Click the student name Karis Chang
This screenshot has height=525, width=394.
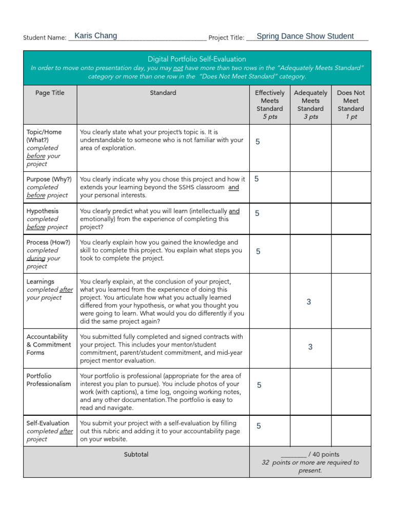[x=95, y=36]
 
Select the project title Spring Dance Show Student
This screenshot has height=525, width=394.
[x=305, y=36]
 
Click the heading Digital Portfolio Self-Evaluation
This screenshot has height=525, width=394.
[x=197, y=59]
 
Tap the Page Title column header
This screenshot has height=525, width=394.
[x=50, y=93]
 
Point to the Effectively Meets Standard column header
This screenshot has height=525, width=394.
[x=269, y=105]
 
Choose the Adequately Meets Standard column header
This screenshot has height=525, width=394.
[x=310, y=105]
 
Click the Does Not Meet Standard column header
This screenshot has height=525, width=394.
[x=351, y=105]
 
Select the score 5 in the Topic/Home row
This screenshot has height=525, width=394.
[x=258, y=142]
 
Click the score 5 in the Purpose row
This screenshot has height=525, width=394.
[x=257, y=179]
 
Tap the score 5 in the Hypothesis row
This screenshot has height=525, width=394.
[x=257, y=213]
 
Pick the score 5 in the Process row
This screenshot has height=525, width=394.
[x=258, y=251]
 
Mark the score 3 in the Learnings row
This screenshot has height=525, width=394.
[x=309, y=302]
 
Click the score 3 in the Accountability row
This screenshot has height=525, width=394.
[x=310, y=347]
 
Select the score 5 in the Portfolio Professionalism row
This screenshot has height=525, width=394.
[x=259, y=385]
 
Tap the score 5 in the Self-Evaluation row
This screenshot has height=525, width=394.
[x=259, y=426]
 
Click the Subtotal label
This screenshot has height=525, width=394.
[x=136, y=454]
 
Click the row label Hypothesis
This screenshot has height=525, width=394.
[x=43, y=211]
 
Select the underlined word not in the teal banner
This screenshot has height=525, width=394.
[x=178, y=68]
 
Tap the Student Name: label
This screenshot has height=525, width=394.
[x=45, y=38]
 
